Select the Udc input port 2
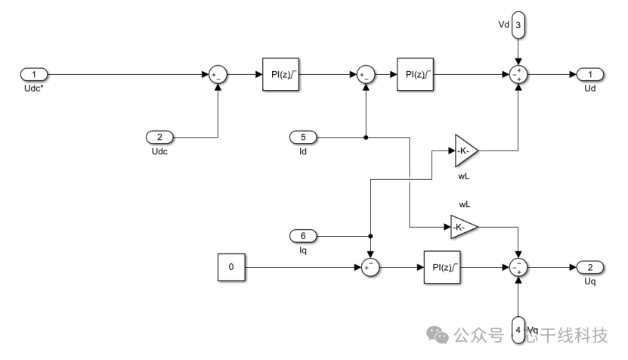tap(159, 138)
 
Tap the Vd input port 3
tap(518, 26)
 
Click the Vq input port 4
tap(518, 330)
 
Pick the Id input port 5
tap(304, 138)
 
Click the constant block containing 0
tap(231, 267)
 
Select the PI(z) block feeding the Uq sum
tap(442, 267)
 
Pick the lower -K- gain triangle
tap(462, 225)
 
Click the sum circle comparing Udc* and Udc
tap(218, 74)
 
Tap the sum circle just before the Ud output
tap(518, 74)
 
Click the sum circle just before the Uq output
tap(518, 267)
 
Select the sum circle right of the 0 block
tap(370, 267)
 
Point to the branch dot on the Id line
tap(366, 138)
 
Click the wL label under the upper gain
tap(464, 176)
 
